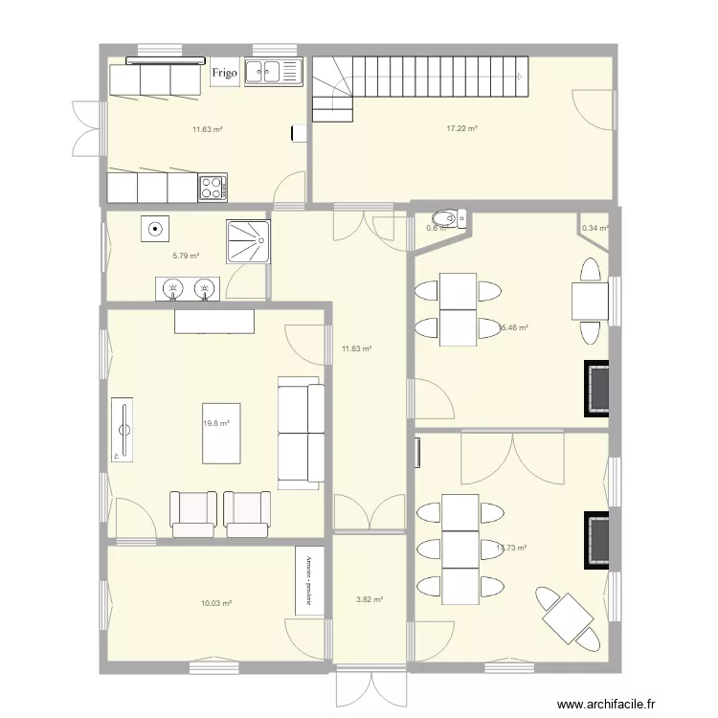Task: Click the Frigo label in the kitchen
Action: tap(225, 73)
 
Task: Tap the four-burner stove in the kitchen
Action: tap(213, 188)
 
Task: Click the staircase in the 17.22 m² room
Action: tap(421, 77)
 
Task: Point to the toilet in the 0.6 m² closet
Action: tap(447, 218)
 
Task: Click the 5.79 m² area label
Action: tap(186, 256)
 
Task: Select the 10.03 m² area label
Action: tap(216, 603)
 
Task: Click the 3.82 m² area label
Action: tap(370, 599)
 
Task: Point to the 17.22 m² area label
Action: tap(461, 128)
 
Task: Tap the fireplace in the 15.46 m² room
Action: tap(597, 388)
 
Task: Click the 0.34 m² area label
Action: tap(595, 228)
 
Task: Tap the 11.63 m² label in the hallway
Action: tap(356, 349)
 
